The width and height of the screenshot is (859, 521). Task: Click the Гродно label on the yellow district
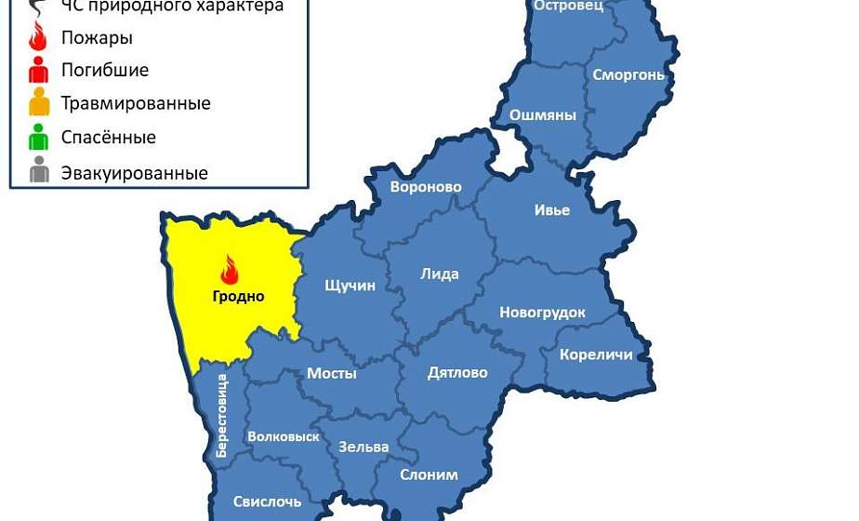point(237,297)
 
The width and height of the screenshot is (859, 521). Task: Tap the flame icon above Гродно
point(229,270)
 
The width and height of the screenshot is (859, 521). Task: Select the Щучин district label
point(349,286)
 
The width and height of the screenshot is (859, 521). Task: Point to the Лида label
point(439,274)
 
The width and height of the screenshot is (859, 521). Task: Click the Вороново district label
point(426,187)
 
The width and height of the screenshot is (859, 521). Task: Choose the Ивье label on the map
point(551,209)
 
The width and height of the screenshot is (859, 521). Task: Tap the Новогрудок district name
point(542,313)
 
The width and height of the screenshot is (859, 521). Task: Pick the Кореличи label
point(596,354)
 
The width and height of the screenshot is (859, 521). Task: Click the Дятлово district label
point(457,372)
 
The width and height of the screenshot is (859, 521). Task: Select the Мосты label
point(332,373)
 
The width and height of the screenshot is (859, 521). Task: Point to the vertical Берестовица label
point(221,415)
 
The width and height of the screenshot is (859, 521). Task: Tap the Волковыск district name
point(284,436)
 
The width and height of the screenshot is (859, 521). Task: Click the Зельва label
point(363,447)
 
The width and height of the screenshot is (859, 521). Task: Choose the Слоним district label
point(429,474)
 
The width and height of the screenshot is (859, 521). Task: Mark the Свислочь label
point(268,501)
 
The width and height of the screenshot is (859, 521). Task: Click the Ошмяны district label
point(543,115)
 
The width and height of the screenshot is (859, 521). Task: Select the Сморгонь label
point(629,74)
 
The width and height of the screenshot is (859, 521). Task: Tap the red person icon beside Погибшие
point(39,70)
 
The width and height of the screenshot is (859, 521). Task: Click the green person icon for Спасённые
point(39,138)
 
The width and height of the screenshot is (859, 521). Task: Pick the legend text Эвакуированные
point(134,173)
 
